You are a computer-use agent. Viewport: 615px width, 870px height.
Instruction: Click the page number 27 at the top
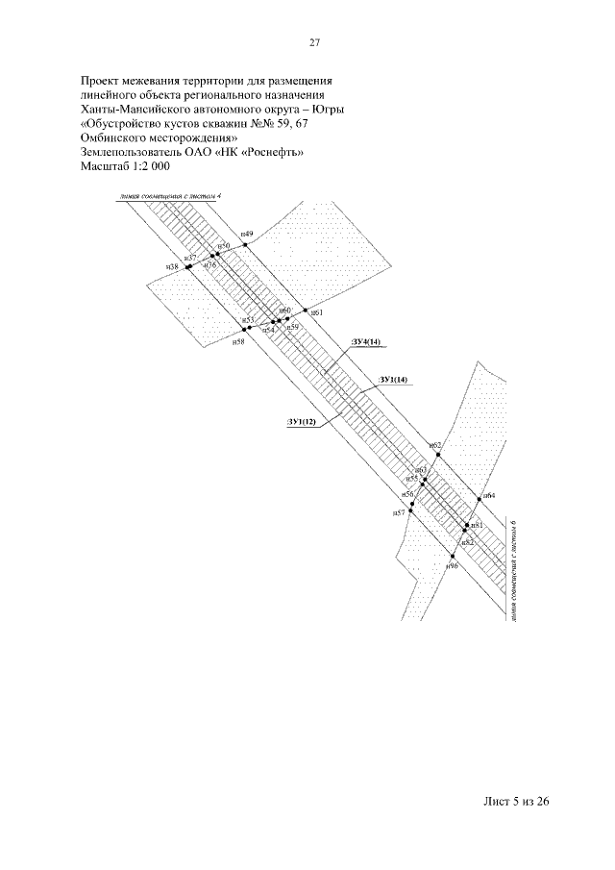[x=313, y=43]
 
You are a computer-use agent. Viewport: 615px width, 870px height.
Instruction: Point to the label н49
[x=247, y=235]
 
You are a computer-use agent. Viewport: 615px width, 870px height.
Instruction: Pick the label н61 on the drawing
[x=318, y=313]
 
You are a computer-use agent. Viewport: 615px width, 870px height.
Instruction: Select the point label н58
[x=238, y=340]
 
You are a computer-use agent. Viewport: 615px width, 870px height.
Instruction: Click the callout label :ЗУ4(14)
[x=366, y=341]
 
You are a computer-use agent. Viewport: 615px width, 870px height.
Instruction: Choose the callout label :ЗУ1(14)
[x=394, y=381]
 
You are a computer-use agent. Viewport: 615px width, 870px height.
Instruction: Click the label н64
[x=489, y=495]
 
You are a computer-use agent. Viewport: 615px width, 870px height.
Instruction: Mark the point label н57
[x=399, y=514]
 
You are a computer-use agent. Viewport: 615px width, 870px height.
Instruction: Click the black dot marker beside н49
[x=259, y=246]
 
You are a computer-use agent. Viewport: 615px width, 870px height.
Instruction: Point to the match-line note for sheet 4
[x=165, y=196]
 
